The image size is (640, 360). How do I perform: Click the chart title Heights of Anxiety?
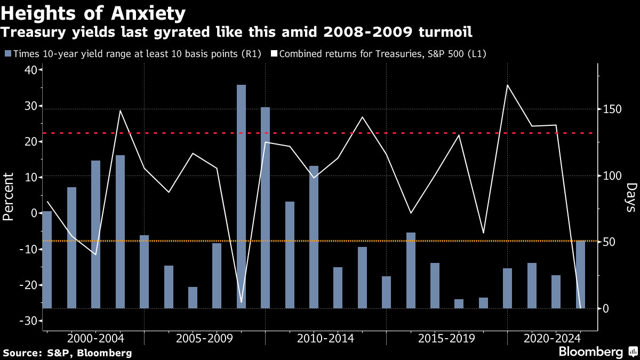pos(94,12)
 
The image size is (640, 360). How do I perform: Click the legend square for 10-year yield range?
pos(8,54)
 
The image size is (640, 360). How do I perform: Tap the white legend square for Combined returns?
pos(274,54)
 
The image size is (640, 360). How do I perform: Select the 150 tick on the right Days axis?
pos(612,109)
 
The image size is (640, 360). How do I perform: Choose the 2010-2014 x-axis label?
pos(325,338)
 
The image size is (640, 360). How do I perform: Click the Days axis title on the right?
pos(631,197)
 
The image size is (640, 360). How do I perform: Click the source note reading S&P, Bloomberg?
pos(68,353)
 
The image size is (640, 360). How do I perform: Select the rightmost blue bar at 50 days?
pos(580,275)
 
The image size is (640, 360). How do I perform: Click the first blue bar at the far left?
pos(47,260)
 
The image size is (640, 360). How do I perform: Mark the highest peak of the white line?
pos(508,85)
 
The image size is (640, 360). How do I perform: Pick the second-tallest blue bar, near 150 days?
pos(265,208)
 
